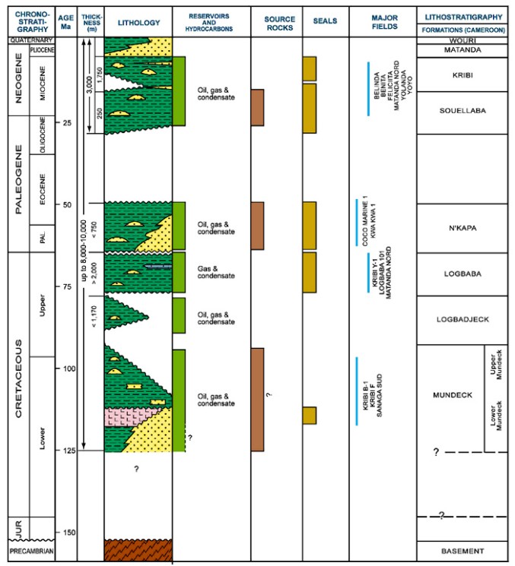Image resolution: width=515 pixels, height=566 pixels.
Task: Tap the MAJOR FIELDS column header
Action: pos(382,21)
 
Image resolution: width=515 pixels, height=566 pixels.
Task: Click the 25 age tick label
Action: pos(67,123)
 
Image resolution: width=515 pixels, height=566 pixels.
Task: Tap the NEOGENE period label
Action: pos(15,79)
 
